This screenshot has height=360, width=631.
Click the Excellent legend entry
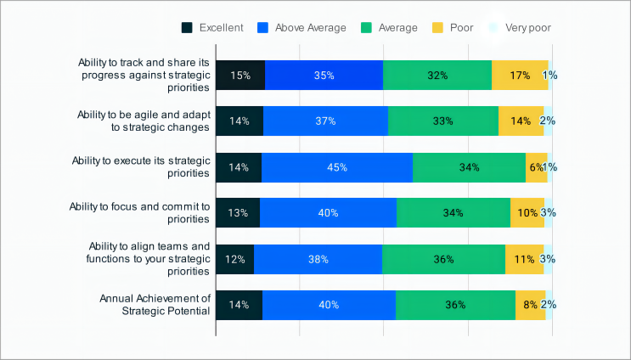(x=212, y=27)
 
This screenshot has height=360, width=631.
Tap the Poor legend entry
(x=454, y=27)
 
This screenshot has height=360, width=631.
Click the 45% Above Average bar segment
(x=337, y=167)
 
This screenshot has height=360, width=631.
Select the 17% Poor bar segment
(x=520, y=75)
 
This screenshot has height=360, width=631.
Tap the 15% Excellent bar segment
(x=240, y=75)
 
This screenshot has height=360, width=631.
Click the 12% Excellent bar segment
(x=234, y=259)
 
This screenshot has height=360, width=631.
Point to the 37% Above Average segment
(x=325, y=121)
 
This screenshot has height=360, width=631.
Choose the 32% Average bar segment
(x=437, y=75)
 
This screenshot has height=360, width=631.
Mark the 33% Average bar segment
(x=443, y=121)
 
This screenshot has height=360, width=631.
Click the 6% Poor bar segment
(x=536, y=167)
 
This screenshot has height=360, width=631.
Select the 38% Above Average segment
(x=318, y=259)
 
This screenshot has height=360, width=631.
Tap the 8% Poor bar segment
(x=530, y=305)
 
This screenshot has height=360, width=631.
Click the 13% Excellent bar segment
(x=238, y=213)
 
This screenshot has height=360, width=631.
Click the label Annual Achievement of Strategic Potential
(x=155, y=305)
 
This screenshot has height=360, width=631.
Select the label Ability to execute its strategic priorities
(x=140, y=167)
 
